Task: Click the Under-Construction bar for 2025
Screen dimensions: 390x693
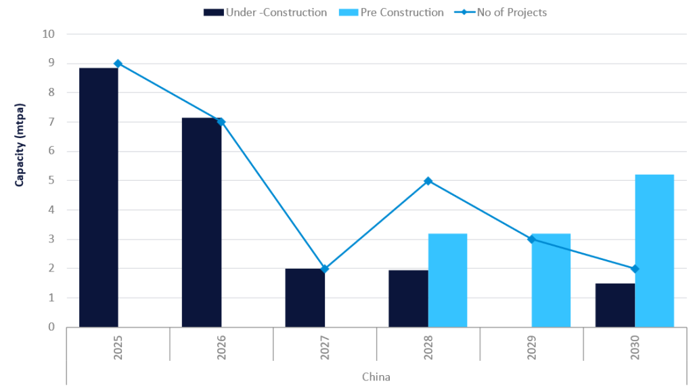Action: click(x=99, y=197)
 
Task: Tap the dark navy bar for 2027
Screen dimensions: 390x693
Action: click(x=305, y=297)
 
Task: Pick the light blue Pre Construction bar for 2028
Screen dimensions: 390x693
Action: click(x=447, y=280)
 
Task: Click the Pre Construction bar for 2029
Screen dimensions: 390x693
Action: click(x=551, y=280)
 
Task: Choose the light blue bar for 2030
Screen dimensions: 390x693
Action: click(x=654, y=251)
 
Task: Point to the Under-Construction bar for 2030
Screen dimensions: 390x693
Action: click(x=615, y=305)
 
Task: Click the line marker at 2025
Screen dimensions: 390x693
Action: click(x=118, y=64)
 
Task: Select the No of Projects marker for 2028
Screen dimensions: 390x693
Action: click(x=428, y=181)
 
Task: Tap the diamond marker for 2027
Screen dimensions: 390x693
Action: click(x=325, y=269)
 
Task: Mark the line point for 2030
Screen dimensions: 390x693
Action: click(x=635, y=269)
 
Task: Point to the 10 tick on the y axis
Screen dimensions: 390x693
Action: click(x=49, y=35)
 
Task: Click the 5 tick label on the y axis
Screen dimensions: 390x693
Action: click(x=52, y=181)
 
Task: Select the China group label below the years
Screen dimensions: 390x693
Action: click(x=376, y=376)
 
